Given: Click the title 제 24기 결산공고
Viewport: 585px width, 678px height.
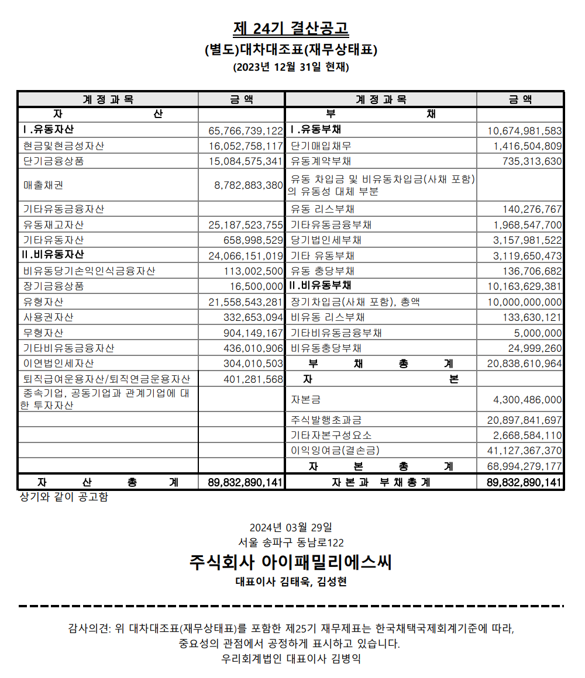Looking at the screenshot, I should pos(291,28).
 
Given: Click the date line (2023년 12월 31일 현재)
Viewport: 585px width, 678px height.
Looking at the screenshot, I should pos(291,67).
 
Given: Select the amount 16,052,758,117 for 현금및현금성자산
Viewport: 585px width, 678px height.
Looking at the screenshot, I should pos(246,146).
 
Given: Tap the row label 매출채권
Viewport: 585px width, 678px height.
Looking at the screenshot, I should pos(43,185).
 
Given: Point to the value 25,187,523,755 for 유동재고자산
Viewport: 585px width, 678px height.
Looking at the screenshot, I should pos(246,224).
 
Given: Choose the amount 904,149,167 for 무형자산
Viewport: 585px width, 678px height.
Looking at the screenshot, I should pos(253,333).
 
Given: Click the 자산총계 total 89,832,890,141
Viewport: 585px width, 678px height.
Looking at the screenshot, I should pos(246,483).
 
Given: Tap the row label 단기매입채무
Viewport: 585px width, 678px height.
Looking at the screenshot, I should pos(321,146).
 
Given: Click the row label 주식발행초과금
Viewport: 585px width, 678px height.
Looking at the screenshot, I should pos(326,420).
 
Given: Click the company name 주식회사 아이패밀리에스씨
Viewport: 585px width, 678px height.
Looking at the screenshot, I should pos(291,562).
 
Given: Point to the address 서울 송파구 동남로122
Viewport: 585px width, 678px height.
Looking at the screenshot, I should pos(291,542).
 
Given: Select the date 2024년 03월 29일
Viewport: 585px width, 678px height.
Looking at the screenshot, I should pos(291,527).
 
